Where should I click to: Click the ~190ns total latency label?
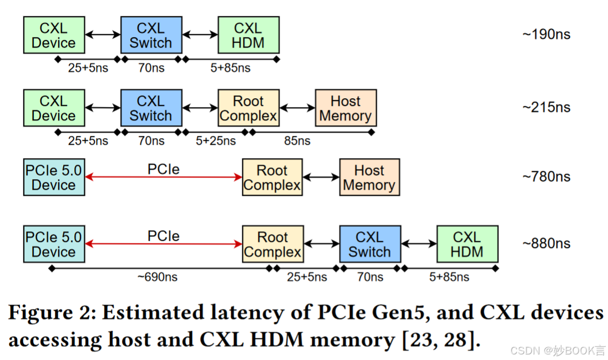pos(546,34)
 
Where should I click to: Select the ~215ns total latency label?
pos(546,107)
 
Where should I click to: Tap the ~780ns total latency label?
pos(546,176)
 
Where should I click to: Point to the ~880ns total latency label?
pos(546,244)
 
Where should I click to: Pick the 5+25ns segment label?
pos(216,141)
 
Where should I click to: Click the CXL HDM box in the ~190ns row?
pos(248,35)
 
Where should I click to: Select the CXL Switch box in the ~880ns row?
pos(369,244)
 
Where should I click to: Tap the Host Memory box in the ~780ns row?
pos(369,178)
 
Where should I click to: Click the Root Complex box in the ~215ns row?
pos(248,108)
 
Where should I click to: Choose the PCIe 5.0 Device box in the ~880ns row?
pos(54,244)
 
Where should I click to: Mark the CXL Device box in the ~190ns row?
pos(54,35)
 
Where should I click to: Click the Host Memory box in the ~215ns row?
pos(345,108)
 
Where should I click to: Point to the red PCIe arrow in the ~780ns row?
pos(164,178)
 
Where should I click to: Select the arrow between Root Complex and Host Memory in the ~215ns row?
pos(297,108)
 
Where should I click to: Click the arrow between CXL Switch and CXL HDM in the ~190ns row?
pos(200,35)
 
